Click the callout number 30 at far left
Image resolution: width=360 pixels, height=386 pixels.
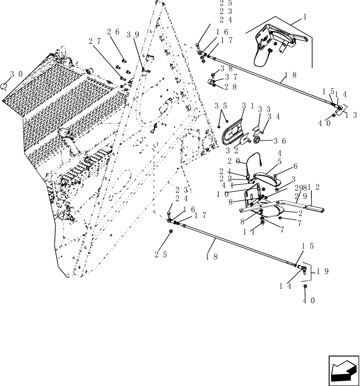pos(15,73)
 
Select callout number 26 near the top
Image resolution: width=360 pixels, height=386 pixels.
pos(113,32)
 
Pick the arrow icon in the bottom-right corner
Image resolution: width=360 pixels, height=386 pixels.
pos(343,370)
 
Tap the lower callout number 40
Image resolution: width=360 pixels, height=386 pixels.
pos(309,300)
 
